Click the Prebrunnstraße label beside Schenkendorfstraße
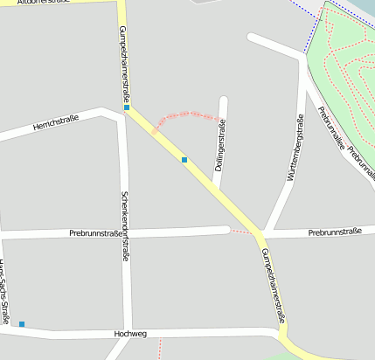point(94,233)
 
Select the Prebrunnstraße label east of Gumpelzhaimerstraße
point(335,232)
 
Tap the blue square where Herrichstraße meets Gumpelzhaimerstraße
point(126,107)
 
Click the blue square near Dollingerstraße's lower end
point(184,160)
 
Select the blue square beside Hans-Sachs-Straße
point(22,324)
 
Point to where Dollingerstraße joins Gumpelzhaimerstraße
point(214,190)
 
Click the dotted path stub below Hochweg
point(160,348)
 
